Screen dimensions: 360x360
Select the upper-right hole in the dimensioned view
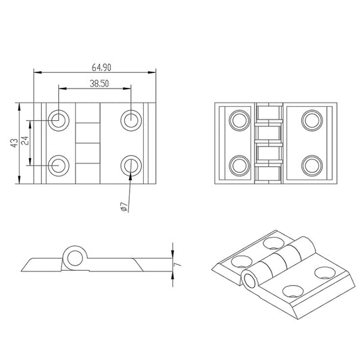click(130, 120)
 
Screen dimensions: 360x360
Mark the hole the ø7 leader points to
click(130, 164)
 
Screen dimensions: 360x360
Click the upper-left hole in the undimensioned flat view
click(239, 121)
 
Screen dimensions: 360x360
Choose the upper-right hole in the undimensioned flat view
click(311, 121)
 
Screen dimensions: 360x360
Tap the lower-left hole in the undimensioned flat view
click(239, 164)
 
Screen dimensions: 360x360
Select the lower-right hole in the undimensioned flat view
click(311, 164)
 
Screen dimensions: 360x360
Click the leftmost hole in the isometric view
click(240, 260)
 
